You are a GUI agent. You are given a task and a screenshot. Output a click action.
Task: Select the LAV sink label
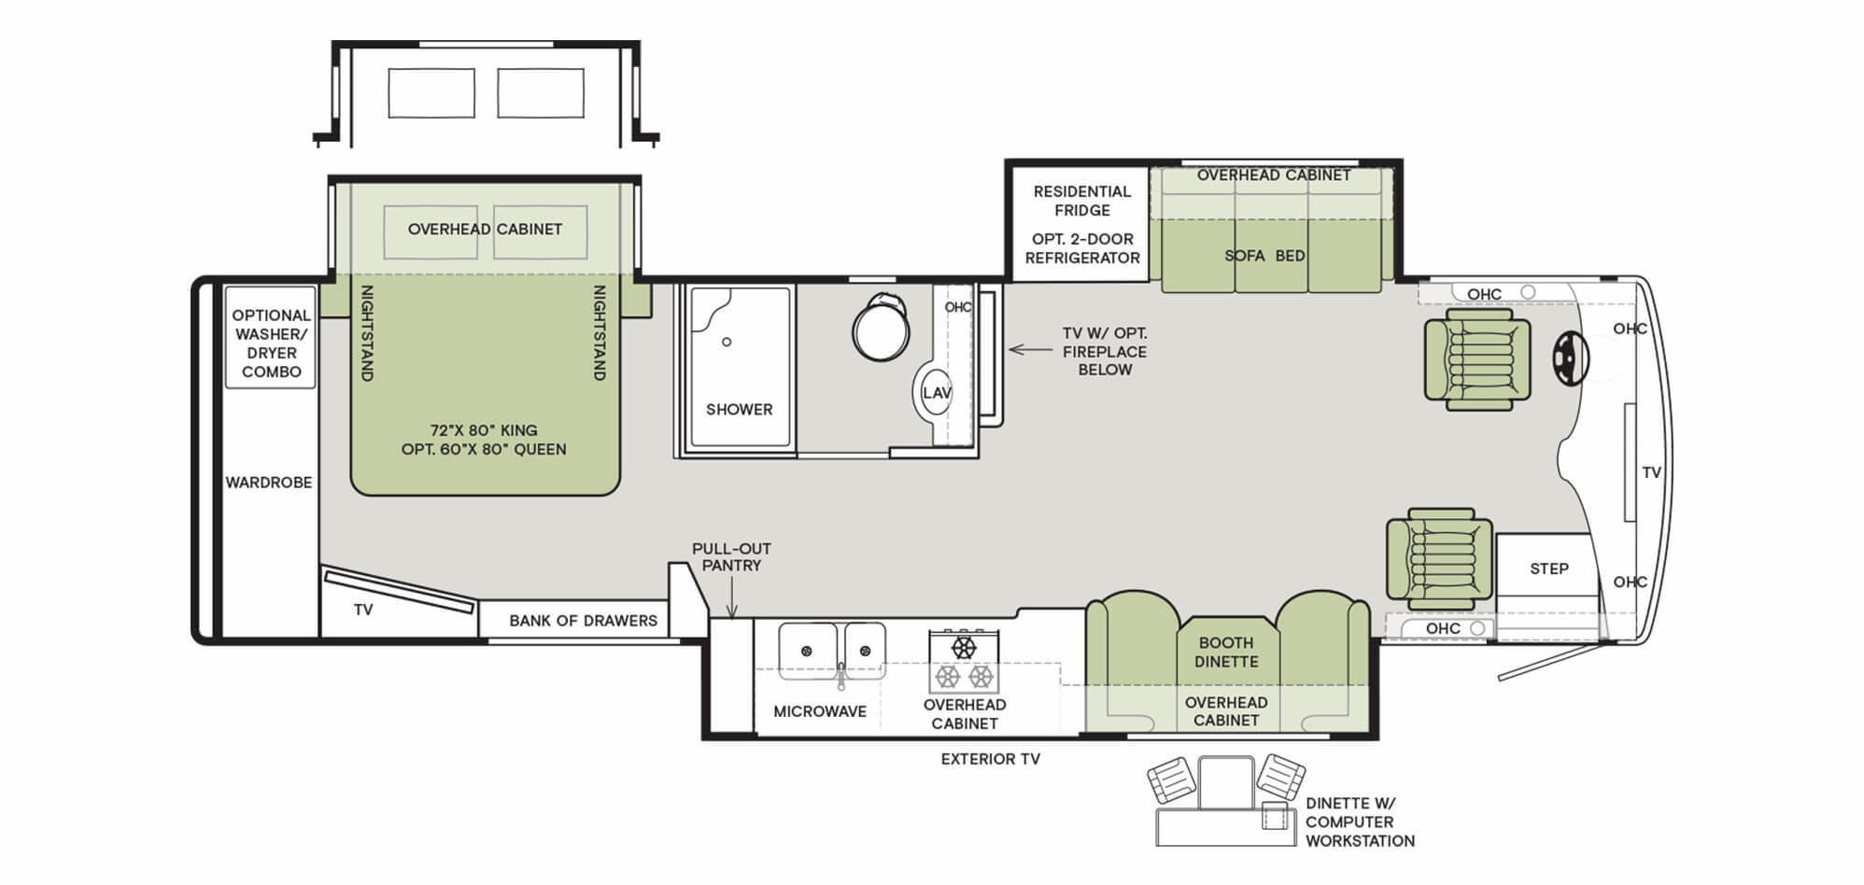936,393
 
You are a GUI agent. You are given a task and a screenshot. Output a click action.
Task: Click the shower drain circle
727,342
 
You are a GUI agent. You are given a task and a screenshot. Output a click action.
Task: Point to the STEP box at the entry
1548,569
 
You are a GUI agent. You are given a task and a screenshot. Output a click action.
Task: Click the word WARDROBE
269,483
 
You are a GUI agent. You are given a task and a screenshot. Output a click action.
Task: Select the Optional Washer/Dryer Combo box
271,343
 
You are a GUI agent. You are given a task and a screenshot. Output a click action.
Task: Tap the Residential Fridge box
1081,224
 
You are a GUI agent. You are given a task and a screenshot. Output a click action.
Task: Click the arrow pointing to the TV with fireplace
1029,350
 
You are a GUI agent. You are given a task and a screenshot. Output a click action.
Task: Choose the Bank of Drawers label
583,621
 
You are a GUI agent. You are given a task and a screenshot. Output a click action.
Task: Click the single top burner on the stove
963,647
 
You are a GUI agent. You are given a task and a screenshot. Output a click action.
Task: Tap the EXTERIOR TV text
990,759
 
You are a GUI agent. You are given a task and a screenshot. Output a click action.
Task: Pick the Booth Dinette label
1226,652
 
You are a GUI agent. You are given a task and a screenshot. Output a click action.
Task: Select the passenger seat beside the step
1438,558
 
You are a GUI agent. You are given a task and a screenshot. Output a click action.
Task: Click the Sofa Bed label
1264,256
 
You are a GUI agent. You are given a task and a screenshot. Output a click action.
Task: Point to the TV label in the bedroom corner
363,610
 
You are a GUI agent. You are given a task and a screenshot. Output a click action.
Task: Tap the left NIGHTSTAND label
366,332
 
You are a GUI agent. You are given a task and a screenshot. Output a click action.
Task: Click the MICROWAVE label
820,711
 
